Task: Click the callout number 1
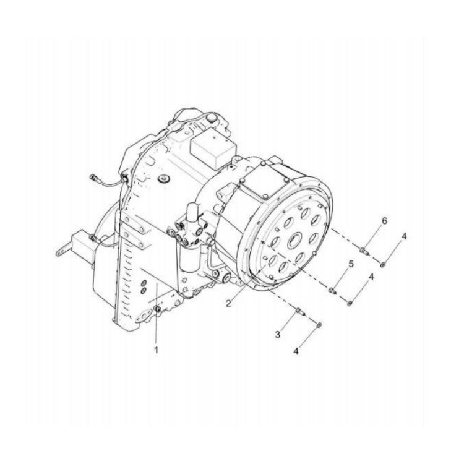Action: pyautogui.click(x=156, y=350)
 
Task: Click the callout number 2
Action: pyautogui.click(x=229, y=303)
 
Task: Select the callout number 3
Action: pyautogui.click(x=278, y=334)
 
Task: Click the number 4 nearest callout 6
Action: pyautogui.click(x=403, y=237)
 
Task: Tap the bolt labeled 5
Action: pyautogui.click(x=333, y=289)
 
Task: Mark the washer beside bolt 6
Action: pyautogui.click(x=384, y=264)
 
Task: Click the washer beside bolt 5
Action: pyautogui.click(x=350, y=302)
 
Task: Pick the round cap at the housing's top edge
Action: pyautogui.click(x=212, y=116)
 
